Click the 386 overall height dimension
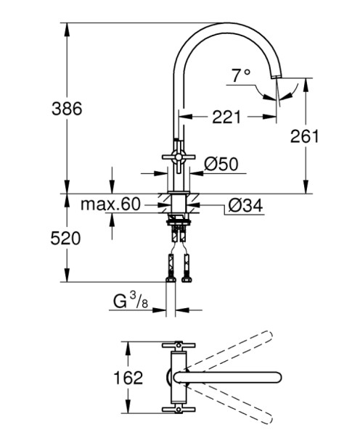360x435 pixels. tap(67, 109)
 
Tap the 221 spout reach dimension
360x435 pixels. tap(226, 117)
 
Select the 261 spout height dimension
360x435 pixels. tap(304, 136)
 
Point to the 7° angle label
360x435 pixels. tap(241, 75)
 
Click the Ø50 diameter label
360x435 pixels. tap(221, 164)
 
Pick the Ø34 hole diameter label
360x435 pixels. tap(245, 206)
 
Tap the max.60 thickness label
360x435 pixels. tap(110, 204)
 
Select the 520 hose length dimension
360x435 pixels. tap(65, 239)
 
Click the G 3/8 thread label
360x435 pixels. tap(131, 301)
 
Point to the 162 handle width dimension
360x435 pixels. tap(128, 377)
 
